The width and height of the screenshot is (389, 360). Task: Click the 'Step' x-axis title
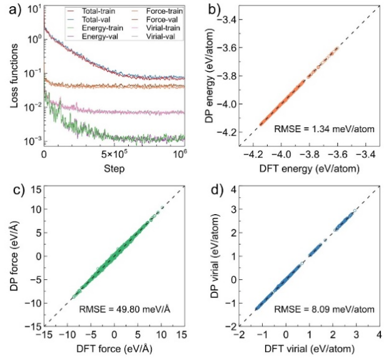click(x=113, y=169)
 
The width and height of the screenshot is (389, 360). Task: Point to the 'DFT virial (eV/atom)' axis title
click(x=311, y=347)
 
